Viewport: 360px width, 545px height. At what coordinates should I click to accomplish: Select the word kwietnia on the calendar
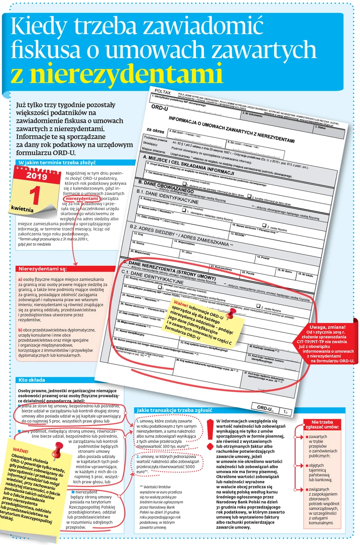(22, 209)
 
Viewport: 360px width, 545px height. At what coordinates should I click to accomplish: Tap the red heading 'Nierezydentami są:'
(42, 269)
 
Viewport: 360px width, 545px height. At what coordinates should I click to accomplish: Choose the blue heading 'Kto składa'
(31, 380)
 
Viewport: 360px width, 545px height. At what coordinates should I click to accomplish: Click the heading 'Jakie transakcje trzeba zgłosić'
(174, 410)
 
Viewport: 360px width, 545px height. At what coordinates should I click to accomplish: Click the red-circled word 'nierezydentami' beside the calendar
(81, 198)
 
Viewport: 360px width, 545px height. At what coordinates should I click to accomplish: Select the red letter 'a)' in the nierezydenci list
(20, 279)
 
